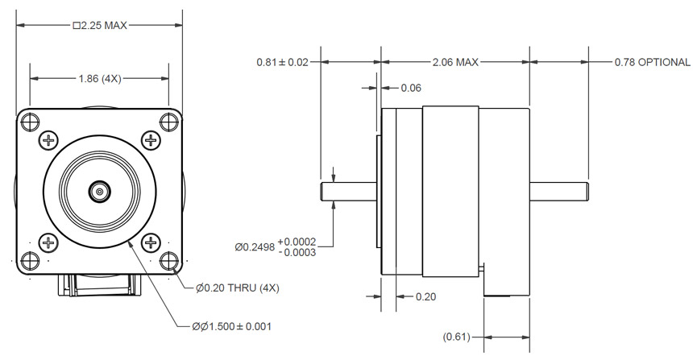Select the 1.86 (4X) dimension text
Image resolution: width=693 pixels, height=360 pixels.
(x=100, y=78)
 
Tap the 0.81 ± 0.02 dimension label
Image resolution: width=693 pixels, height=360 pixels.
(x=282, y=62)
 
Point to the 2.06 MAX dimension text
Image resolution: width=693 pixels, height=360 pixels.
(x=455, y=62)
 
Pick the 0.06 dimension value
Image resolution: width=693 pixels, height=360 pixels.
(x=411, y=88)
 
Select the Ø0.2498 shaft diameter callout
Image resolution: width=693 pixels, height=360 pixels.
(x=274, y=246)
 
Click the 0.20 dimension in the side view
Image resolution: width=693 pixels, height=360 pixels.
(x=425, y=296)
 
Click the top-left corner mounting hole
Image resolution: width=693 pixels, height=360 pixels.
(x=31, y=122)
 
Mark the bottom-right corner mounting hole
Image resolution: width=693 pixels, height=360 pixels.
(x=168, y=261)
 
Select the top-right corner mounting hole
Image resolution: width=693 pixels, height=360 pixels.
(x=168, y=122)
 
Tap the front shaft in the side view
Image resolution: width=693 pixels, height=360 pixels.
(x=349, y=192)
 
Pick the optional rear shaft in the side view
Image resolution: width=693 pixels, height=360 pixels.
(x=558, y=192)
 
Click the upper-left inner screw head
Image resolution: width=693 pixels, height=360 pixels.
(x=48, y=140)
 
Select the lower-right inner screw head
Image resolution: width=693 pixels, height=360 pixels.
(x=151, y=242)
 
